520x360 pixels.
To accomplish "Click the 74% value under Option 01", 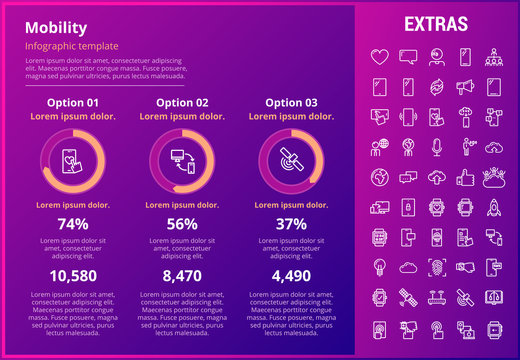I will [73, 224].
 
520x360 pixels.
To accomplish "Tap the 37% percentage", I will [291, 224].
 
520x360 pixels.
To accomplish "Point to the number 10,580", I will [73, 276].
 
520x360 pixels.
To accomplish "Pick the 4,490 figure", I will [291, 276].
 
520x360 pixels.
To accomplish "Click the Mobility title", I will [56, 28].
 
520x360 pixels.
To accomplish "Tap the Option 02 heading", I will [182, 102].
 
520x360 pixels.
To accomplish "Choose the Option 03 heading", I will [291, 102].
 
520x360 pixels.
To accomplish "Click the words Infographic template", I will [72, 47].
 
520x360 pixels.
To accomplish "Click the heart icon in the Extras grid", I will [379, 56].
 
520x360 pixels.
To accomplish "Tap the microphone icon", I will [436, 148].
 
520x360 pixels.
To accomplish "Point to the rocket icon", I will [494, 208].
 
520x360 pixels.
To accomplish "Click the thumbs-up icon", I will [465, 178].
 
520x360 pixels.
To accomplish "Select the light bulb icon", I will [379, 268].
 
